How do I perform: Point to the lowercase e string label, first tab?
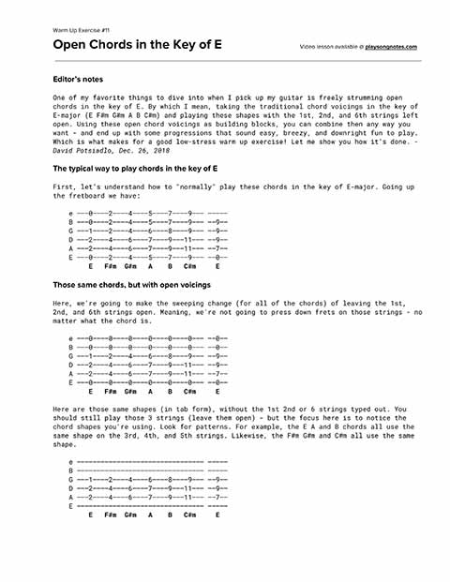71,214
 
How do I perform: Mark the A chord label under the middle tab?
150,391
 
